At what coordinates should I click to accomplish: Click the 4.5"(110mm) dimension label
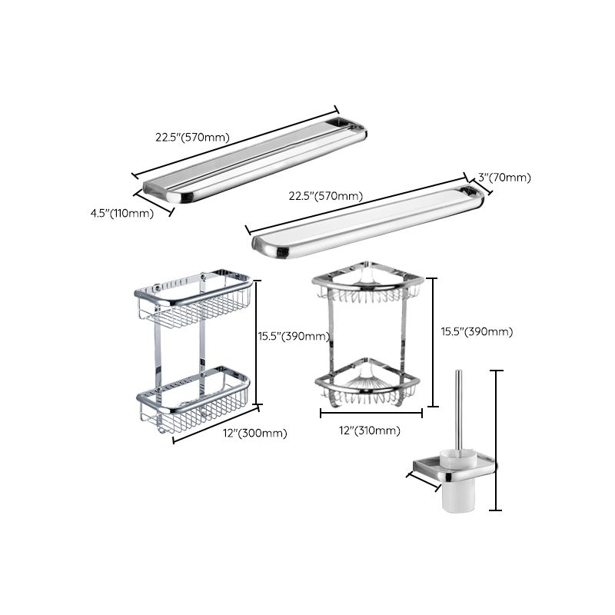(121, 213)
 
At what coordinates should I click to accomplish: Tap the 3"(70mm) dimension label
(504, 178)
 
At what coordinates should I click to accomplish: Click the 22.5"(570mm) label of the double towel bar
(192, 138)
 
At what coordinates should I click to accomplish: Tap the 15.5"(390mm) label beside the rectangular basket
(293, 336)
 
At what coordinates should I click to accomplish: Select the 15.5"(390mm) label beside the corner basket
(477, 331)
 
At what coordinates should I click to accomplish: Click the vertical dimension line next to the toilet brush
(498, 440)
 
